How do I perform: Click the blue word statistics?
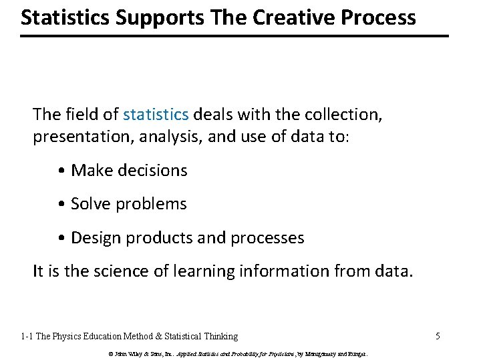pyautogui.click(x=156, y=115)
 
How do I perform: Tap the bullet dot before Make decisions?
pyautogui.click(x=62, y=171)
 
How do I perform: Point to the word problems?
pyautogui.click(x=151, y=204)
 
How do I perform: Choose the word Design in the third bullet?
pyautogui.click(x=96, y=237)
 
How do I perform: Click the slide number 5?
pyautogui.click(x=438, y=336)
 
